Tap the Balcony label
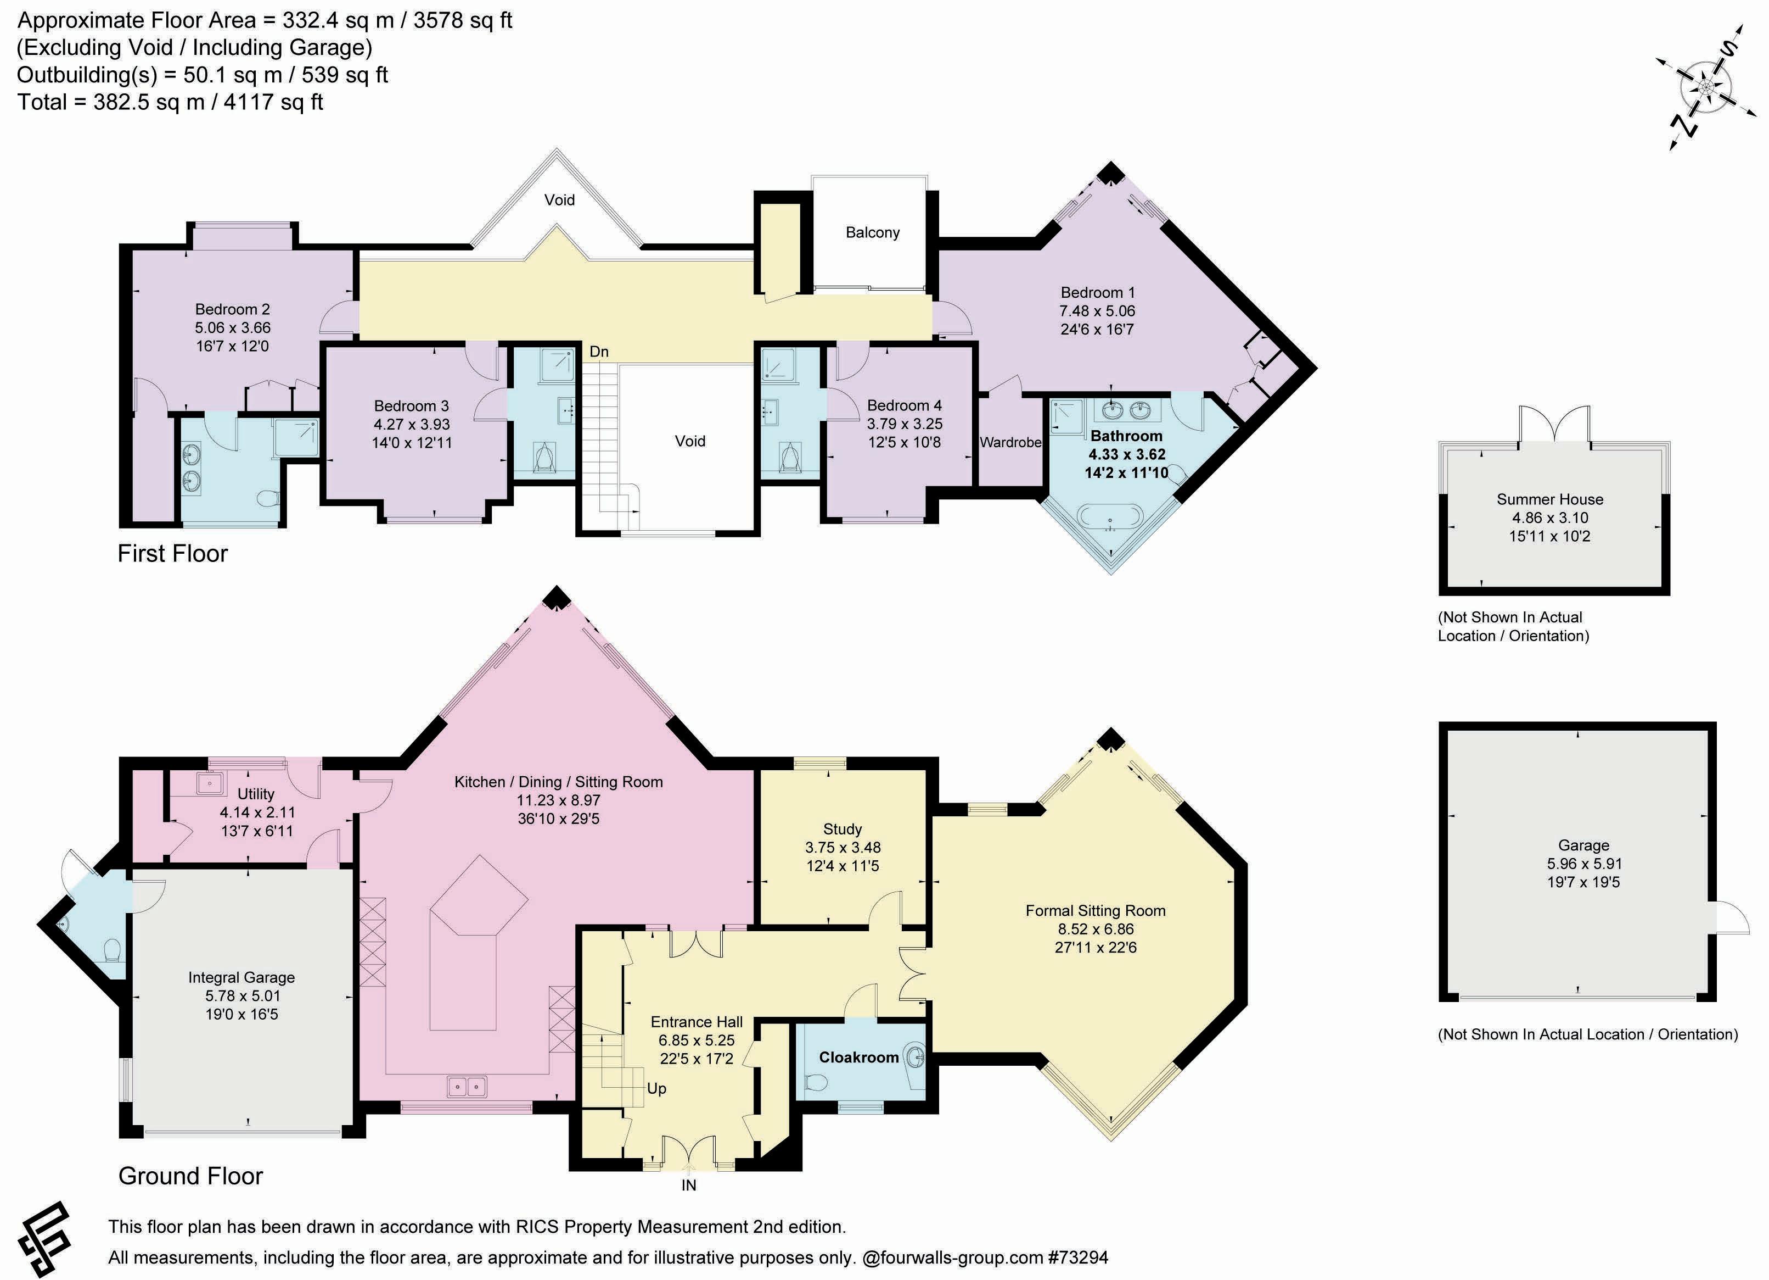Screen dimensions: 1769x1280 click(x=872, y=232)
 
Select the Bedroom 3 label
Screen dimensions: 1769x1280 click(x=411, y=406)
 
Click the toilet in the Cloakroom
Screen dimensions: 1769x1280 click(x=815, y=1083)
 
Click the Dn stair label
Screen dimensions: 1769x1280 click(x=598, y=352)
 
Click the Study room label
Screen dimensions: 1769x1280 click(x=843, y=829)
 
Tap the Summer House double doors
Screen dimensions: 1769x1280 click(x=1554, y=425)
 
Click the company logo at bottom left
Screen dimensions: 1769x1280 click(x=43, y=1239)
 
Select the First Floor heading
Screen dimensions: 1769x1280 click(x=172, y=553)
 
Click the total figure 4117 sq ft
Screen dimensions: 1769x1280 click(x=273, y=102)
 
